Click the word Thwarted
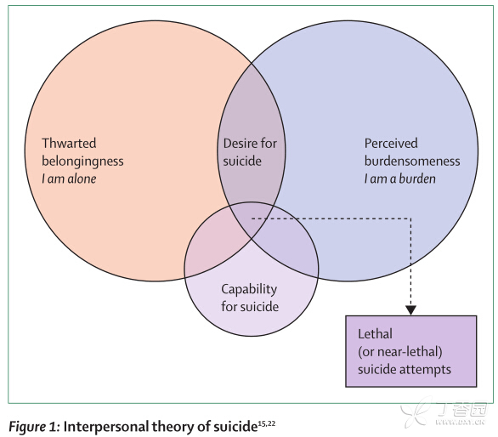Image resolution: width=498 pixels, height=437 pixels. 69,143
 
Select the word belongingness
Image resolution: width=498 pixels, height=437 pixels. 82,162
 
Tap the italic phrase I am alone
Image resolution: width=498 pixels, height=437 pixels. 69,179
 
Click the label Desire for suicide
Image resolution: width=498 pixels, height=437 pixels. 250,152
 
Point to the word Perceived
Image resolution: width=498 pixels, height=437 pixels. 391,144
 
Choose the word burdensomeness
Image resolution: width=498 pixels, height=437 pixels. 412,162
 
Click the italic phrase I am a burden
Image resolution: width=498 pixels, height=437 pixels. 400,179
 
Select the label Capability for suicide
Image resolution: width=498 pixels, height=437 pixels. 250,298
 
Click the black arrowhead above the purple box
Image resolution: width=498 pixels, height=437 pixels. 410,310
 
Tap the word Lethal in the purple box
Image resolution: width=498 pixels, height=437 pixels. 375,334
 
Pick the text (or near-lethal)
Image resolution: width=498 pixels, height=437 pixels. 400,351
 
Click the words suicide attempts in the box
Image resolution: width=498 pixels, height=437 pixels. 405,369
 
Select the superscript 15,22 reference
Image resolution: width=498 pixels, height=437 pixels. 267,423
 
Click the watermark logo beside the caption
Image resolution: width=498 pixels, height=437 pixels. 444,412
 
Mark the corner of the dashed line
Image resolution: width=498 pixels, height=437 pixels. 410,218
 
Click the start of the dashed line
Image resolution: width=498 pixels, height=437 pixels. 252,218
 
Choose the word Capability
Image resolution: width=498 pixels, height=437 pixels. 249,290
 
